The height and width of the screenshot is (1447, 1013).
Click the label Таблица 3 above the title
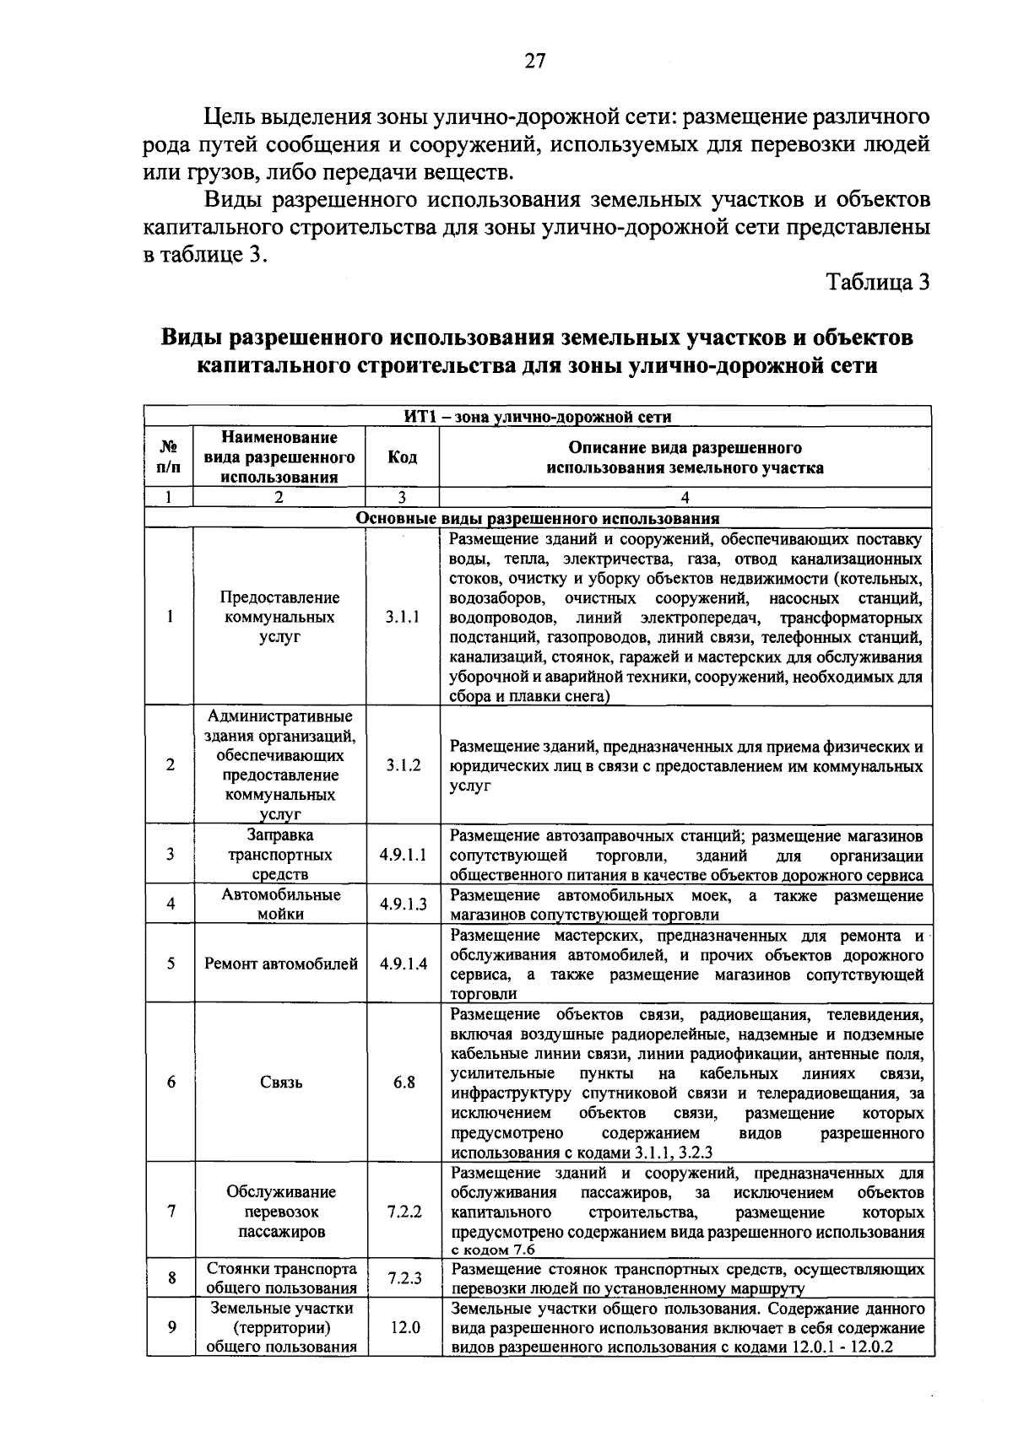click(877, 282)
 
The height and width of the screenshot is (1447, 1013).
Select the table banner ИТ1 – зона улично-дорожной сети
click(537, 416)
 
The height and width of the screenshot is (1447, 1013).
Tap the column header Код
click(402, 457)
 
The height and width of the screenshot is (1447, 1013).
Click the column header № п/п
click(170, 457)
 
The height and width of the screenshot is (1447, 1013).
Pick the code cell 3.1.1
click(403, 617)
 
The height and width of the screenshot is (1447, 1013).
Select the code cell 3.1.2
click(403, 765)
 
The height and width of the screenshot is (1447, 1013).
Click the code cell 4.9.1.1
click(403, 855)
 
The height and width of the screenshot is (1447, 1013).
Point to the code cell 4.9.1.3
click(403, 904)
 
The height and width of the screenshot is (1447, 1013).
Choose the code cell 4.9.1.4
click(403, 964)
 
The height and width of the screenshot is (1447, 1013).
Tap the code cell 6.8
click(404, 1083)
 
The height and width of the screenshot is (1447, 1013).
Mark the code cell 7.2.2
click(404, 1212)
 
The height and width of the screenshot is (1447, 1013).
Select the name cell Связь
click(280, 1083)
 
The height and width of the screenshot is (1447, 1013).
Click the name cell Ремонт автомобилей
click(280, 964)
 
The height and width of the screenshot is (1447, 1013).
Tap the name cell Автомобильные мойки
click(280, 904)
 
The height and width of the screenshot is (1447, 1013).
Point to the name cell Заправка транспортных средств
click(280, 855)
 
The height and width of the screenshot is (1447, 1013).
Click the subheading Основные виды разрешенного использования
click(537, 518)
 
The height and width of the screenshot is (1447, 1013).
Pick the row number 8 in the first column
click(171, 1278)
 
